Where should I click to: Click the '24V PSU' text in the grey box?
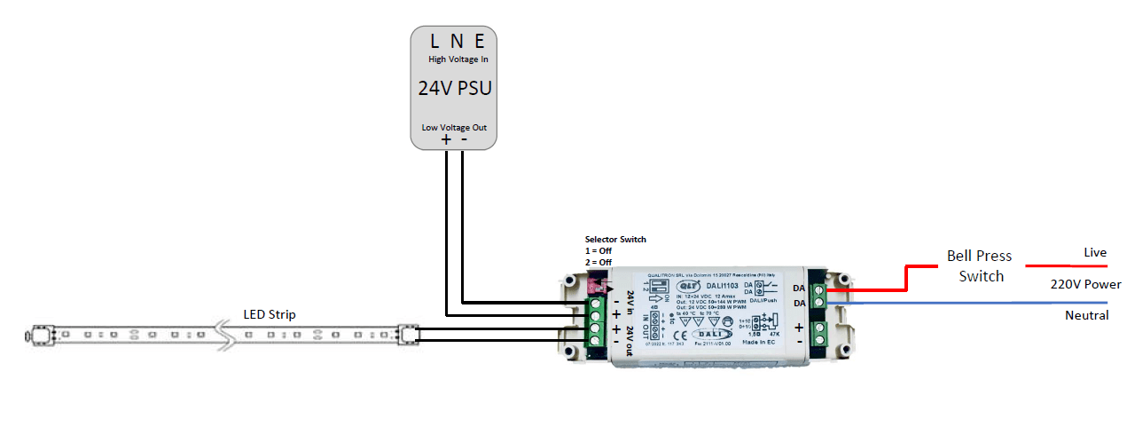click(x=454, y=89)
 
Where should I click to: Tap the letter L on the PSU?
click(x=434, y=41)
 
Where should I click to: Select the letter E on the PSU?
click(x=479, y=41)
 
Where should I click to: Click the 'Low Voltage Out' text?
click(x=454, y=128)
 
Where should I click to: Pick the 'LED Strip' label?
click(x=270, y=315)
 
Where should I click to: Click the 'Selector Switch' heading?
click(x=615, y=240)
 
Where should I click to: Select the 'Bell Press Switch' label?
click(x=979, y=265)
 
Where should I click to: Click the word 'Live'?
click(x=1095, y=253)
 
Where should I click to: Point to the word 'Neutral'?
click(x=1086, y=316)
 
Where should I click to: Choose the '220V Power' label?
click(x=1084, y=285)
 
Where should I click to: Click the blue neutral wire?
click(x=958, y=303)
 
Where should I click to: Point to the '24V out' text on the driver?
click(x=630, y=336)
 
